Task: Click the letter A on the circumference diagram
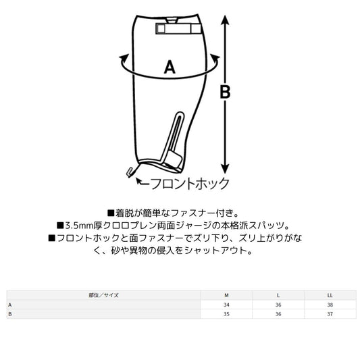[x=170, y=67]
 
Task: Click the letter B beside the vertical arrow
[x=225, y=92]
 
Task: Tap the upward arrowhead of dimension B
[x=225, y=20]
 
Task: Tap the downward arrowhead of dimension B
[x=225, y=169]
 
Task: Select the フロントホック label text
[x=190, y=184]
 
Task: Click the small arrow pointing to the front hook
[x=143, y=182]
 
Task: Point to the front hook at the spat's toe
[x=130, y=172]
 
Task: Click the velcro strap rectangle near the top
[x=178, y=28]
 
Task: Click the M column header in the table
[x=226, y=295]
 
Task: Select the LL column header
[x=330, y=295]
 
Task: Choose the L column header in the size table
[x=278, y=295]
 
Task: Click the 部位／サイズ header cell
[x=104, y=295]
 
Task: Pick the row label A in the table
[x=10, y=305]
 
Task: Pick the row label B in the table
[x=10, y=314]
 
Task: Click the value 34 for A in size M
[x=226, y=305]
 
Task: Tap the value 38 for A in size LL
[x=330, y=305]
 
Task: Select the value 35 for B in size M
[x=226, y=314]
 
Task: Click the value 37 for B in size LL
[x=330, y=314]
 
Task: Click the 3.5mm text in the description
[x=79, y=226]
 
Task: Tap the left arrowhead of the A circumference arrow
[x=124, y=58]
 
